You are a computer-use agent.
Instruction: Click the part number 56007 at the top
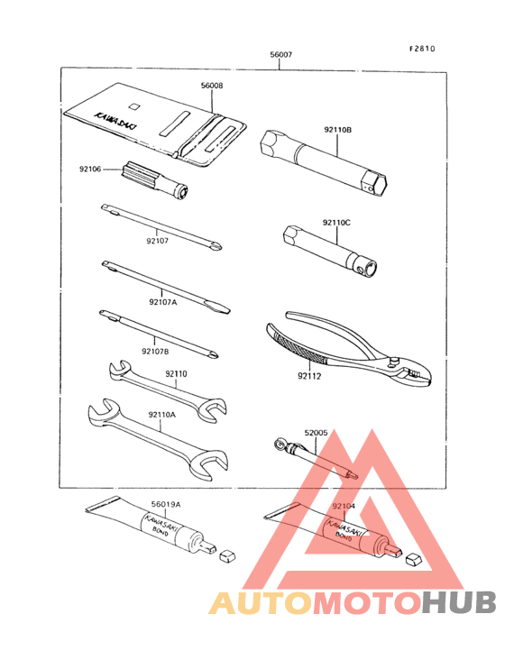[280, 56]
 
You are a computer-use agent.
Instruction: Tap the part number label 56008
[212, 86]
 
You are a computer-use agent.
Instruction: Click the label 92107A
[162, 302]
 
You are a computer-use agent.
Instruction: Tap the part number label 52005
[316, 433]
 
